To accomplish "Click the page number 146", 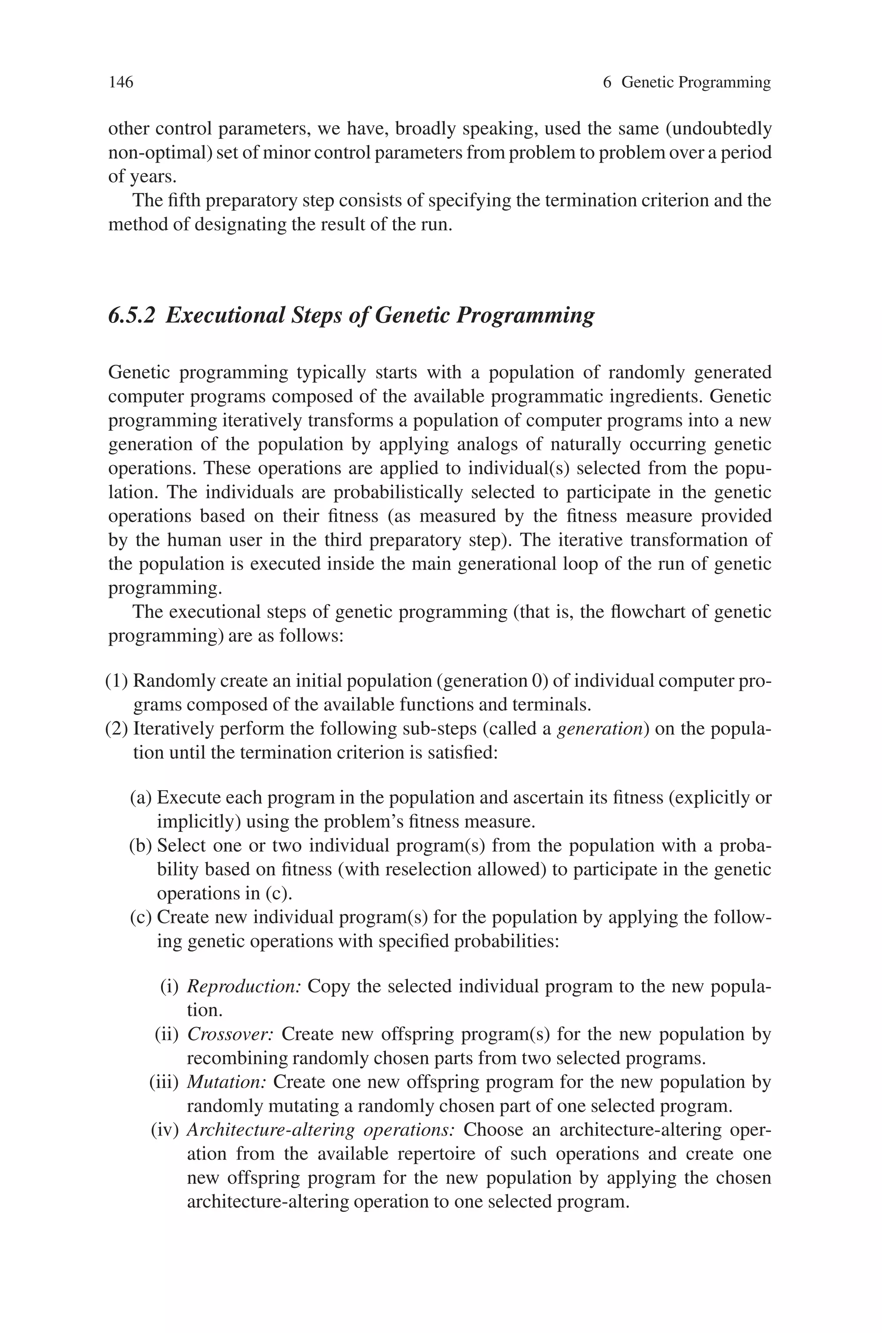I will coord(121,83).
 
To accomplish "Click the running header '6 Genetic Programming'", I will coord(686,83).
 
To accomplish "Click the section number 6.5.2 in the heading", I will coord(131,315).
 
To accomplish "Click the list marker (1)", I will coord(117,681).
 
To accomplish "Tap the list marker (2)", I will coord(117,729).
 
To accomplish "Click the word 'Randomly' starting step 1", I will coord(174,681).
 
